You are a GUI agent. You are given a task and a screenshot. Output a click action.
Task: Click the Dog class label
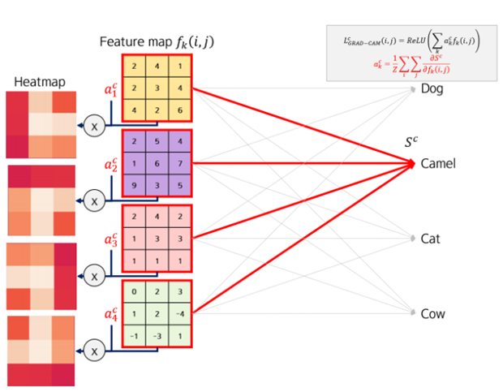click(432, 88)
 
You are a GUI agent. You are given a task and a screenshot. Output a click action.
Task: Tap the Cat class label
click(430, 239)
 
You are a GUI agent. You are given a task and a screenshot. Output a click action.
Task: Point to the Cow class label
click(432, 313)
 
